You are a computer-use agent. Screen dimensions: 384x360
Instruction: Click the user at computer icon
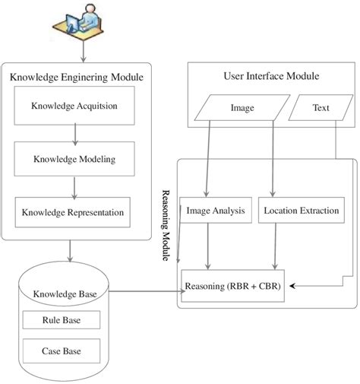[x=81, y=25]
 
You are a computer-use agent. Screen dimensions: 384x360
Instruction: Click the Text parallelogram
[x=321, y=108]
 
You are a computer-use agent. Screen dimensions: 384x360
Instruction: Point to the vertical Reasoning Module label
[x=167, y=226]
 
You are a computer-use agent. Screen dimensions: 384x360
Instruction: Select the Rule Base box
[x=62, y=320]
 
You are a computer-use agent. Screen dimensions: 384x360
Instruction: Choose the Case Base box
[x=62, y=351]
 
